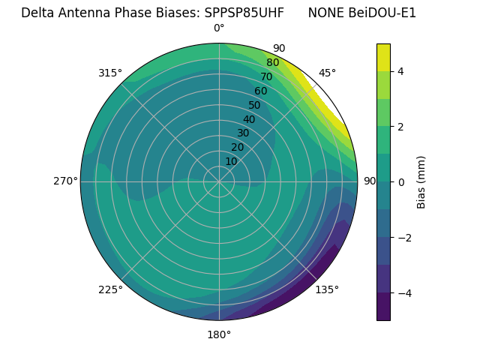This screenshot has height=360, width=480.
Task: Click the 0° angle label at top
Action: pos(219,28)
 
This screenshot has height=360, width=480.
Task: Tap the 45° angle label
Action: pos(327,73)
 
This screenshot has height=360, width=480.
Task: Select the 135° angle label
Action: pos(327,289)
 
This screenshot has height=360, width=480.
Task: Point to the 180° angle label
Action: pos(219,334)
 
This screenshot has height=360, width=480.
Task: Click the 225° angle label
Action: pos(110,289)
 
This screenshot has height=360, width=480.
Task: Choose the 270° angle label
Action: pos(65,181)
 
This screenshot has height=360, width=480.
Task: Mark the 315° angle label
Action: pos(110,73)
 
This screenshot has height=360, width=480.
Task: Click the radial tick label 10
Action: pos(231,161)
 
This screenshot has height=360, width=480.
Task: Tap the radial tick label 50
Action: pos(254,106)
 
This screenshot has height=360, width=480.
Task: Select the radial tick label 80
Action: pos(272,63)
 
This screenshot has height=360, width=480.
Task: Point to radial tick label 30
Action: pos(243,133)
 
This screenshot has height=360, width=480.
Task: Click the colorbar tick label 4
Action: pos(400,71)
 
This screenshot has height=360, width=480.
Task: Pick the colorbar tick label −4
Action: pos(403,292)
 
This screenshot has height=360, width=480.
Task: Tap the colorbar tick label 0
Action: pos(400,182)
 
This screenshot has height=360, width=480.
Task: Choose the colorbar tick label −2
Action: pos(403,238)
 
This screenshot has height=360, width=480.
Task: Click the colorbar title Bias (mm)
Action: pos(421,181)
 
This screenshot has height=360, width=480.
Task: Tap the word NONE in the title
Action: pos(324,13)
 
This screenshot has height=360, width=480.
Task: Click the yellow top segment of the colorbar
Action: pos(383,57)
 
